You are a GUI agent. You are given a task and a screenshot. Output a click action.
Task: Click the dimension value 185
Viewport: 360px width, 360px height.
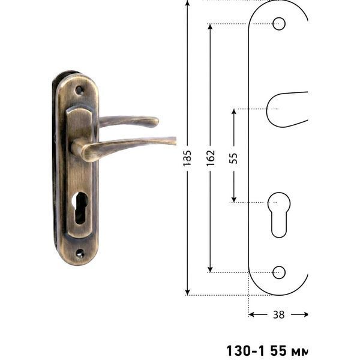[187, 158]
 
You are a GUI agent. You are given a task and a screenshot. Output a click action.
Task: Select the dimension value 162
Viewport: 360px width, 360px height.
[211, 158]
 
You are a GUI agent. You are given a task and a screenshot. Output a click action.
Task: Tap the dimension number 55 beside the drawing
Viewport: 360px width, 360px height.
[233, 158]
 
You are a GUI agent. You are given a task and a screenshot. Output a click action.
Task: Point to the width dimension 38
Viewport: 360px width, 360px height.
[279, 314]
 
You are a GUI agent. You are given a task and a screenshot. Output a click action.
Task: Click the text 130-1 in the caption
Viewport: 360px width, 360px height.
[245, 350]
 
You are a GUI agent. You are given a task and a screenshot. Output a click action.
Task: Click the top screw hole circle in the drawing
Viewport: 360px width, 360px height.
[279, 23]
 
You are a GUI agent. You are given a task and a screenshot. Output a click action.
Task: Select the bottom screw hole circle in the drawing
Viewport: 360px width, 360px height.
[279, 272]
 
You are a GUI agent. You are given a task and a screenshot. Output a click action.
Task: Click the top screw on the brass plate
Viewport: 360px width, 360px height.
[79, 90]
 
